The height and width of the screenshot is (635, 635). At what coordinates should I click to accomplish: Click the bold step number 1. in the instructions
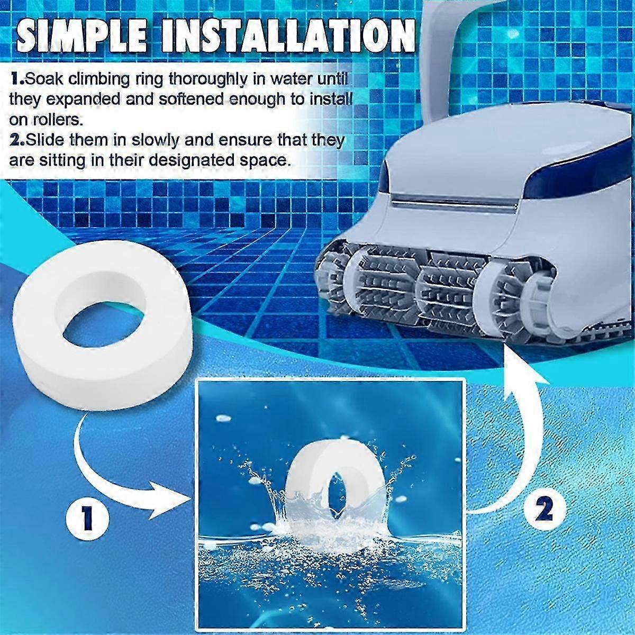(x=17, y=79)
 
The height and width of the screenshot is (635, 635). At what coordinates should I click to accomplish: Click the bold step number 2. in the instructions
(x=17, y=141)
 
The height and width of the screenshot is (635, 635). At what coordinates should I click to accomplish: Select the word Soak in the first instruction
(x=43, y=79)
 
